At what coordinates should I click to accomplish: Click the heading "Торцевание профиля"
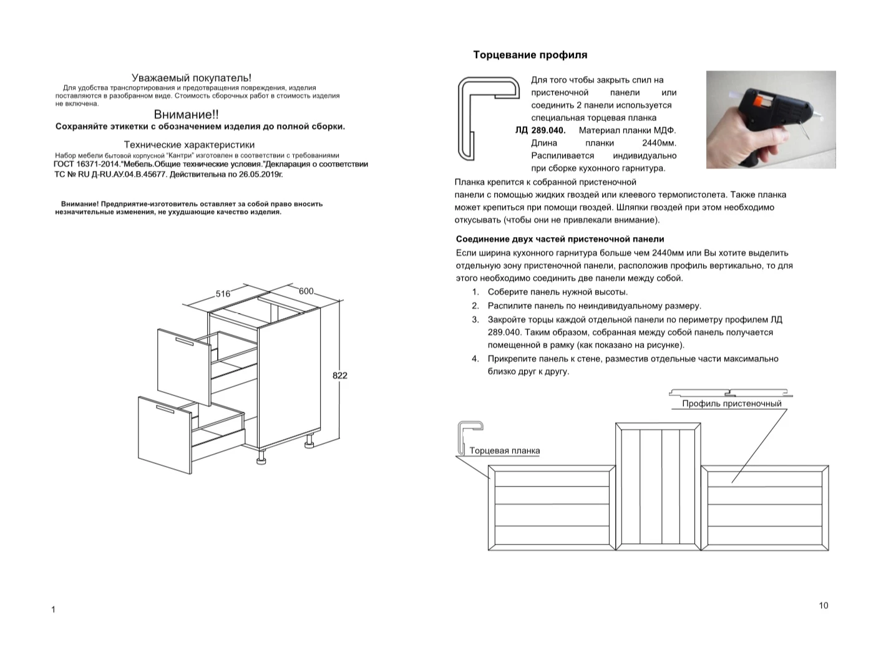[530, 55]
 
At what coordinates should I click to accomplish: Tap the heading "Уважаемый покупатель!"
[192, 78]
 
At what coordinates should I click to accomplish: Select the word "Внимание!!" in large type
[186, 115]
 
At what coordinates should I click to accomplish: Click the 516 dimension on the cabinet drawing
[223, 294]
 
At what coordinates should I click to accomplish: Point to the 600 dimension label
[306, 291]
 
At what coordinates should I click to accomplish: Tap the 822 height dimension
[339, 375]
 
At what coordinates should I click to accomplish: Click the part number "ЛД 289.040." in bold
[540, 130]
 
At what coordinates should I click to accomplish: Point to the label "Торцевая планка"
[504, 451]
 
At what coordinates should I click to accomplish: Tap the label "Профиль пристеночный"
[731, 404]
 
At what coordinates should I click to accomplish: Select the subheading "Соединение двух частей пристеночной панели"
[560, 239]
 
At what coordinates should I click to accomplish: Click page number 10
[823, 606]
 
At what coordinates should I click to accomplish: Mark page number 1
[53, 609]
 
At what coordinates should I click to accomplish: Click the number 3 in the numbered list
[475, 319]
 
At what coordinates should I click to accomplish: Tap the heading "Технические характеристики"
[189, 145]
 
